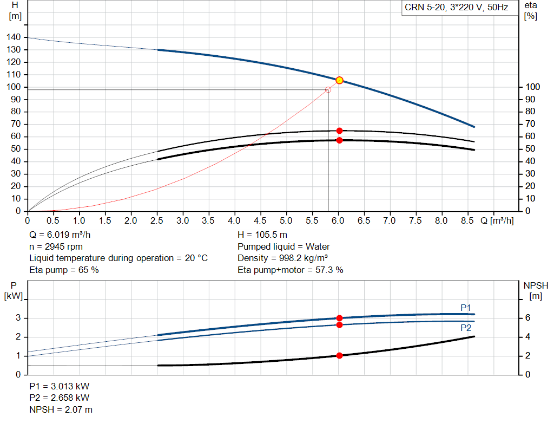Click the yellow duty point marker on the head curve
pos(339,80)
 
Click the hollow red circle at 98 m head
pos(328,90)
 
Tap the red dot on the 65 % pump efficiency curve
pos(339,131)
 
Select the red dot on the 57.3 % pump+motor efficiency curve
pos(339,140)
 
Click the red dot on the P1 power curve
pos(339,318)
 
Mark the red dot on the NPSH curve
pos(339,355)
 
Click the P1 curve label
pos(466,308)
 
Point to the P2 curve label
pos(466,328)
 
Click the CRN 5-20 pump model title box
pos(460,8)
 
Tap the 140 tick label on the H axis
pos(14,37)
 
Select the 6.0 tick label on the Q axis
pos(338,220)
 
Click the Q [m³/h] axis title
pos(497,220)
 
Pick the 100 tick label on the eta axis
pos(532,87)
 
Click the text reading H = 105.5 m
pos(262,235)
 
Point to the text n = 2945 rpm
pos(56,246)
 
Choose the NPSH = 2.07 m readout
pos(61,409)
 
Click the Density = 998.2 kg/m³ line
pos(282,258)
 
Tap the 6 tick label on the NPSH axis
pos(527,317)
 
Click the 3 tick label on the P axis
pos(18,317)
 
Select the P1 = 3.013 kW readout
pos(60,386)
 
